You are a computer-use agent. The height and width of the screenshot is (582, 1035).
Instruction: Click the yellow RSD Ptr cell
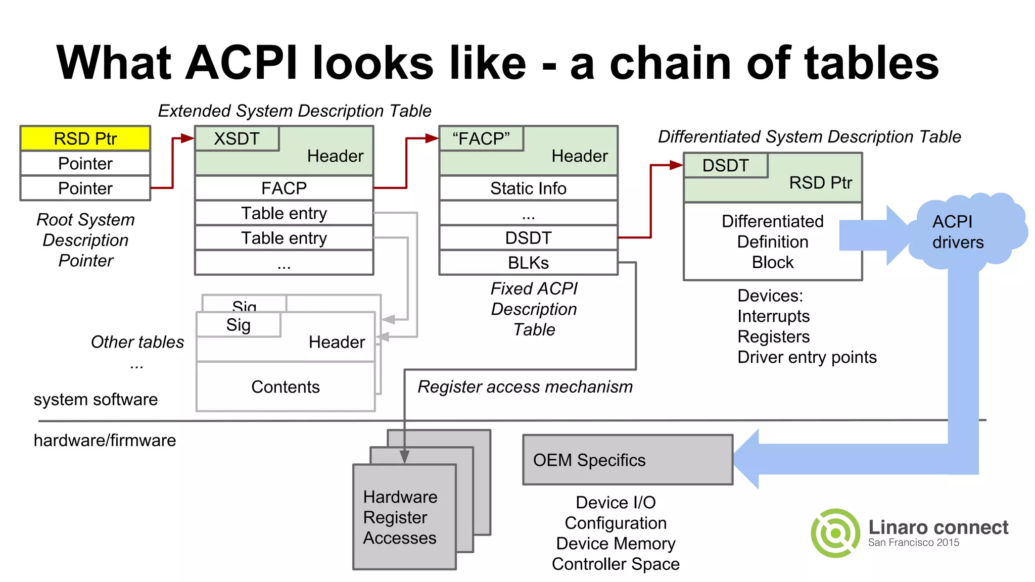point(85,138)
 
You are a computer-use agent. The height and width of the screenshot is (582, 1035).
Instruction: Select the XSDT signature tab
point(237,138)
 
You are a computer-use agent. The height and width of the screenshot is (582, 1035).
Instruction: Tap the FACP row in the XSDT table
point(284,188)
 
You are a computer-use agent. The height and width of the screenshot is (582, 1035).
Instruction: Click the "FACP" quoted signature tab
point(481,138)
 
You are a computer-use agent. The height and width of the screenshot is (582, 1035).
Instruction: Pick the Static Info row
point(528,188)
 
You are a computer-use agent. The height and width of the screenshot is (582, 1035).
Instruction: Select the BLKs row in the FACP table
point(528,263)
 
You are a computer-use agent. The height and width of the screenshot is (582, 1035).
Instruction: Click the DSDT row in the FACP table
point(528,238)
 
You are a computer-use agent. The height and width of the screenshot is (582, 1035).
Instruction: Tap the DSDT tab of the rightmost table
point(725,166)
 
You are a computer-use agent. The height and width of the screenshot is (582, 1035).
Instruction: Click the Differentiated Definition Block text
point(772,241)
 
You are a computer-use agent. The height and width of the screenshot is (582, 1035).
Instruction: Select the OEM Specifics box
point(627,460)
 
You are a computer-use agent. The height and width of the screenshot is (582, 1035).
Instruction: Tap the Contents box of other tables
point(286,386)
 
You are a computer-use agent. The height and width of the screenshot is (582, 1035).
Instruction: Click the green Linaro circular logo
point(835,533)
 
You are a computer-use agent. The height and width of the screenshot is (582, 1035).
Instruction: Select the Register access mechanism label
point(525,386)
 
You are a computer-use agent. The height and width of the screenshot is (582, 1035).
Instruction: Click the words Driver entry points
point(807,357)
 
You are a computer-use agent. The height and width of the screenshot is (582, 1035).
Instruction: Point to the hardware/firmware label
point(105,440)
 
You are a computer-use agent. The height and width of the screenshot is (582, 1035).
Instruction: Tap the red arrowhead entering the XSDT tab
point(187,138)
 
